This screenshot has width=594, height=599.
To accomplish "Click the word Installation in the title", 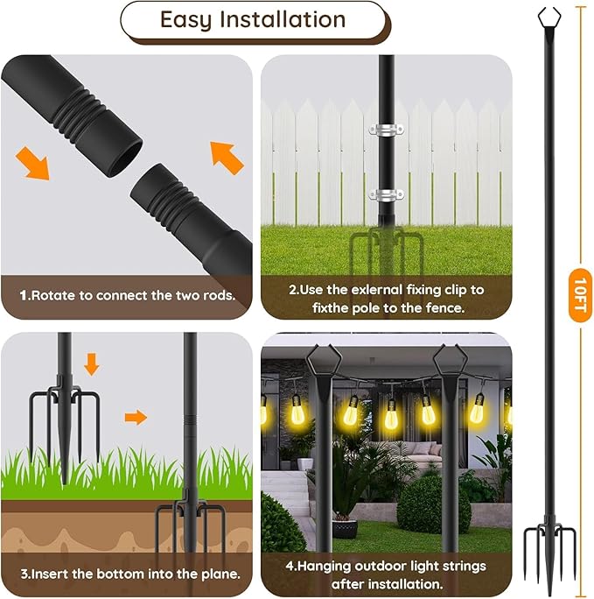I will pos(282,21).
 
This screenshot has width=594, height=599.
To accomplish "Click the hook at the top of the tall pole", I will pos(549,16).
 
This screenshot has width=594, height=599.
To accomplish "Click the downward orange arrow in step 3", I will pos(92,363).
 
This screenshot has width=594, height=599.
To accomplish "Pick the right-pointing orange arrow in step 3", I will pos(135,417).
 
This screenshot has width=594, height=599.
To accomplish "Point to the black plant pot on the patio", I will pos(345,526).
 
